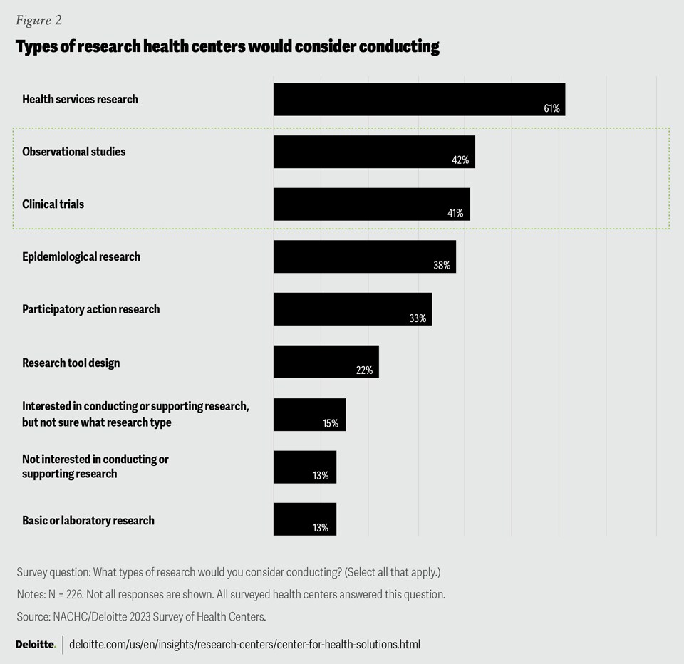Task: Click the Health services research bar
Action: [x=419, y=99]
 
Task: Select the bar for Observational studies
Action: [x=374, y=151]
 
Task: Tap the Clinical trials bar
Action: [x=371, y=204]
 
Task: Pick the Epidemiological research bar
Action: [x=364, y=256]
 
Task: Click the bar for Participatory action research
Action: [x=353, y=309]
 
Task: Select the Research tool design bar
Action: [x=326, y=362]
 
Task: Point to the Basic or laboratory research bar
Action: [x=304, y=519]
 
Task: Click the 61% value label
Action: [x=551, y=109]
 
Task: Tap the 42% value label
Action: [x=460, y=161]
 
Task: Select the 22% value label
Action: [x=364, y=371]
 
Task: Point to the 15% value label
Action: [x=331, y=423]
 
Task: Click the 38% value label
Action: [x=442, y=266]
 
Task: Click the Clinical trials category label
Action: [x=53, y=204]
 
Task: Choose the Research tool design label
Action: [x=71, y=363]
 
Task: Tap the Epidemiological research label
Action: [x=81, y=256]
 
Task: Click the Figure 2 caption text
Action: [x=38, y=20]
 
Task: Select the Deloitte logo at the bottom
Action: [x=36, y=644]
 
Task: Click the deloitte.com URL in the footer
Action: [x=244, y=644]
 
